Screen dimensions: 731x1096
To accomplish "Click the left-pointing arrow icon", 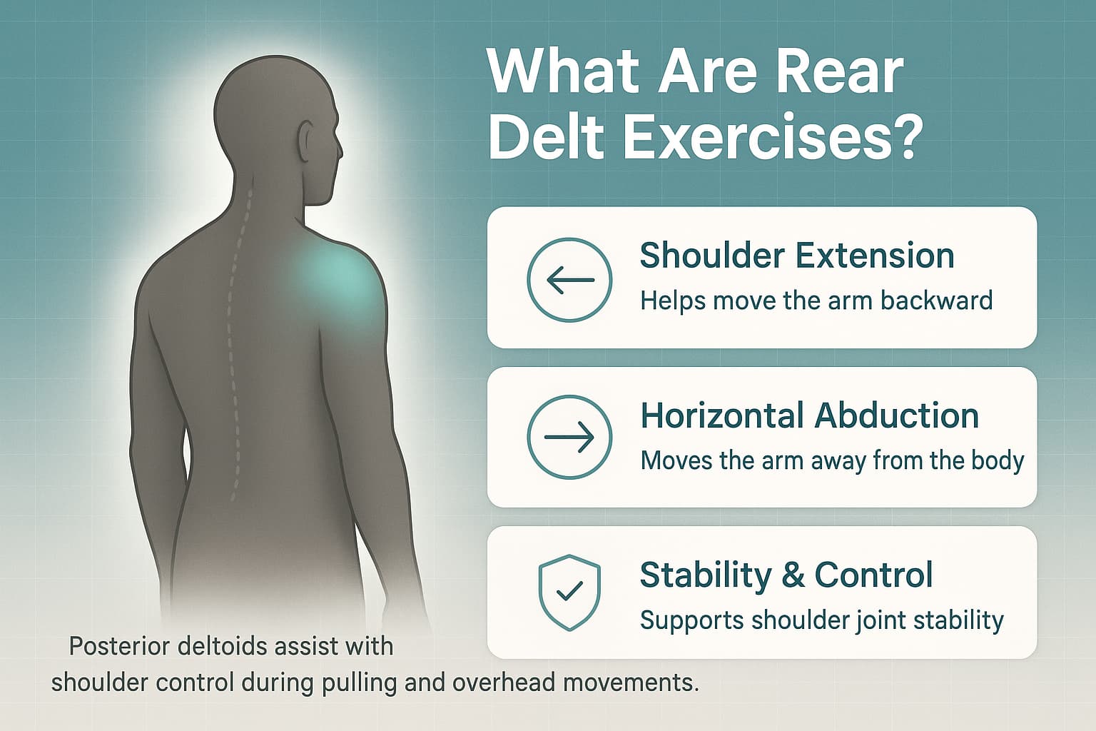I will coord(569,280).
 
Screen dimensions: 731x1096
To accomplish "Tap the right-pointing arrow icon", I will coord(569,437).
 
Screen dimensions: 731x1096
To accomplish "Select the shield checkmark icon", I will coord(569,592).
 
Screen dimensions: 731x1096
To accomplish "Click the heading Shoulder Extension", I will coord(796,256).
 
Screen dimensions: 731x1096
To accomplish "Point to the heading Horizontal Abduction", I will coord(809,415).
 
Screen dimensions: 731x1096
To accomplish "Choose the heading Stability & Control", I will coord(786,575).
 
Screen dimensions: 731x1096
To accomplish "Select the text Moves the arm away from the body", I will coord(832,460).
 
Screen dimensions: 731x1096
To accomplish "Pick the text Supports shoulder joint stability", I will coord(821,620).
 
